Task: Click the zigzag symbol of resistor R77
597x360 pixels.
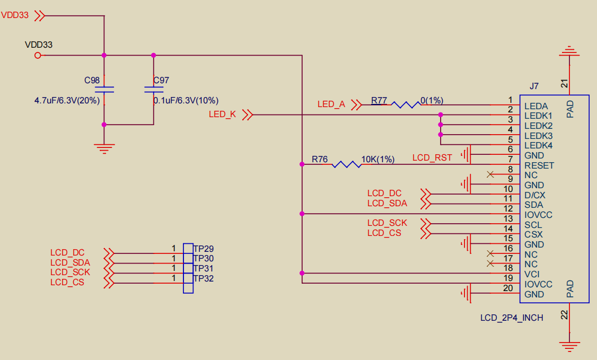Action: click(406, 104)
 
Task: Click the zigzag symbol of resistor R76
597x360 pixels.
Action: click(346, 164)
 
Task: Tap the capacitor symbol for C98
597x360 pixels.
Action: click(104, 90)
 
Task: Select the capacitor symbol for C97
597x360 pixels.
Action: click(154, 90)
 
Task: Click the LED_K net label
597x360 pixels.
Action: click(222, 114)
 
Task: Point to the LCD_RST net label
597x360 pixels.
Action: click(432, 157)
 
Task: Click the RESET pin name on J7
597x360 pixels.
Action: click(539, 165)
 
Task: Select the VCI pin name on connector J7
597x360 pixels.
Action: click(532, 275)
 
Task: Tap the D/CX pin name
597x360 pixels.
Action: click(535, 195)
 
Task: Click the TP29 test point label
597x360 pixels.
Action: click(203, 249)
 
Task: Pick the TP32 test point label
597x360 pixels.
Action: click(203, 278)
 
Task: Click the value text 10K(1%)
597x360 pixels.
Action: click(377, 159)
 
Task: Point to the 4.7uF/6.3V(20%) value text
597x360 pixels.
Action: click(67, 100)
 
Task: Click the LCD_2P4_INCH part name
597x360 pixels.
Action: click(512, 318)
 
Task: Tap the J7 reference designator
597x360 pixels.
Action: click(534, 86)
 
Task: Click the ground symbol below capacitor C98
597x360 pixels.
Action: click(104, 148)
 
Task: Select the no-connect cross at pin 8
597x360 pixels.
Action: click(490, 174)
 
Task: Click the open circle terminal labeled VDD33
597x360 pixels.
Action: click(37, 56)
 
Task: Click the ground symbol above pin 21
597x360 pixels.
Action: click(569, 51)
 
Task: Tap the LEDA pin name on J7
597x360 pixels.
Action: click(536, 106)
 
